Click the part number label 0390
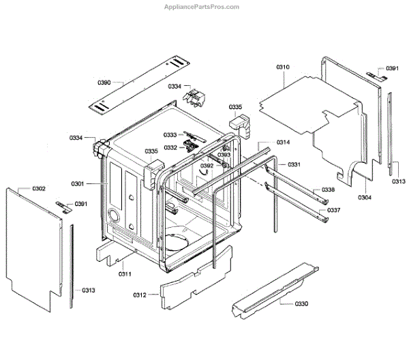(104, 82)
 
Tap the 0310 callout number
(283, 67)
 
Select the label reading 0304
(365, 198)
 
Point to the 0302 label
(39, 187)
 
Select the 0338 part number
(329, 190)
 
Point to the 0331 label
(294, 165)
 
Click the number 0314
(283, 142)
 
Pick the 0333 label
(170, 135)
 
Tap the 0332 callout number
(170, 147)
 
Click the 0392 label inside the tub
(207, 166)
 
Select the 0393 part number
(224, 155)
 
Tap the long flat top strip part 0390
(143, 87)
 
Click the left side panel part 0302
(34, 239)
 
